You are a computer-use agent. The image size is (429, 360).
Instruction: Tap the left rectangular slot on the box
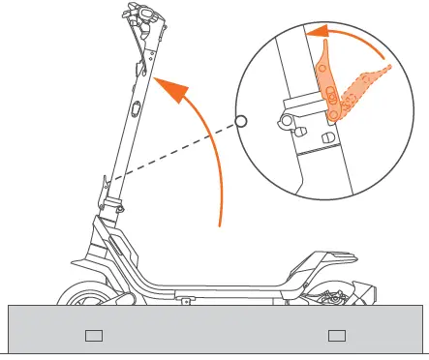(93, 336)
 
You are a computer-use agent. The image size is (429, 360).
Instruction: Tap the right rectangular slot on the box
(336, 336)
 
